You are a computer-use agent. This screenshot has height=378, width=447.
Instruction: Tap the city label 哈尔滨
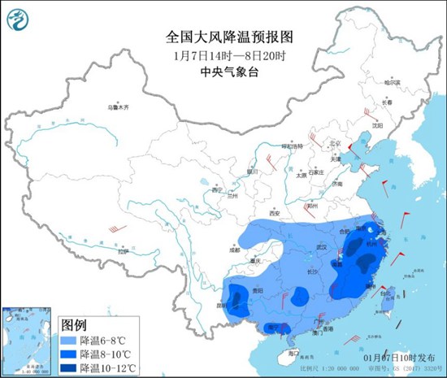392,83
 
